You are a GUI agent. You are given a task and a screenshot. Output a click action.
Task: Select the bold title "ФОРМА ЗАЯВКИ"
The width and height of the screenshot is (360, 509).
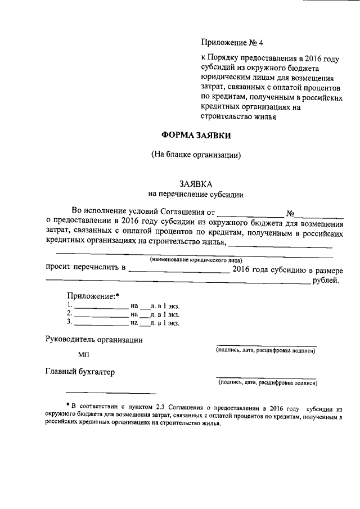tap(196, 135)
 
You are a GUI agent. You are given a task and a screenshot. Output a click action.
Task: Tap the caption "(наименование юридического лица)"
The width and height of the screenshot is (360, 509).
tap(196, 260)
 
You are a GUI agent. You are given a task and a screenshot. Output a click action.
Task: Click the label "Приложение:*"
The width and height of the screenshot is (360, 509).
tap(93, 296)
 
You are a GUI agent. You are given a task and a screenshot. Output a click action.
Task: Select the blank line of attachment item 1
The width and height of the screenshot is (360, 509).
tap(101, 308)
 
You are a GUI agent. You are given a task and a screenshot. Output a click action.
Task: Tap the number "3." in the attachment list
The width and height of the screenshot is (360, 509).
tap(70, 322)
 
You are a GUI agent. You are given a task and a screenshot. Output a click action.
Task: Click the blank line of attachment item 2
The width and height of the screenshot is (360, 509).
tap(101, 316)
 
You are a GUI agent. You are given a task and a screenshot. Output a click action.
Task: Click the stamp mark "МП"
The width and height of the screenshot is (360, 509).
tap(83, 355)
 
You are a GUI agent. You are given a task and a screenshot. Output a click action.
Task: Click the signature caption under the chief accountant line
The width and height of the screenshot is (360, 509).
tap(268, 383)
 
